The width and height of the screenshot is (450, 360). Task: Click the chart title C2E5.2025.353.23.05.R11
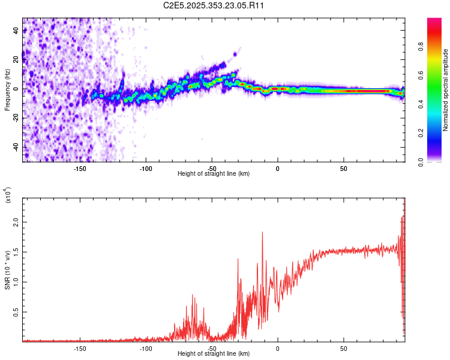214,5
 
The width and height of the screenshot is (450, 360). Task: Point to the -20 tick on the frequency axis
16,118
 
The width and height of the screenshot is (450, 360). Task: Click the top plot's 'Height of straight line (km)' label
214,173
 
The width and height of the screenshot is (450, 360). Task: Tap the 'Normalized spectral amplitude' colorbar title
446,90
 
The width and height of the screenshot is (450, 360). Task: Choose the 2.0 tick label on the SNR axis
16,222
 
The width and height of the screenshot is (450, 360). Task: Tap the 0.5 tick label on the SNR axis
16,312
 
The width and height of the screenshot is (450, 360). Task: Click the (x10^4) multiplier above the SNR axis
7,195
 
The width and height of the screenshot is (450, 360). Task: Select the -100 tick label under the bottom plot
146,348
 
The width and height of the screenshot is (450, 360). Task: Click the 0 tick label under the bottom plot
277,348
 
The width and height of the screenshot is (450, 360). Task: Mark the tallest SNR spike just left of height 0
262,233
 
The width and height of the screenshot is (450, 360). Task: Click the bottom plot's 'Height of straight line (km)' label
214,354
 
